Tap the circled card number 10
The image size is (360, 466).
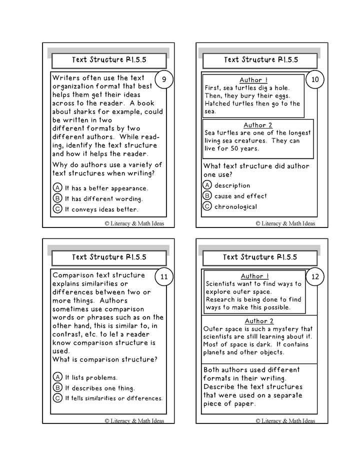(x=315, y=79)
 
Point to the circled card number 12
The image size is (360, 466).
(x=315, y=276)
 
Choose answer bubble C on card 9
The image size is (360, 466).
(x=57, y=209)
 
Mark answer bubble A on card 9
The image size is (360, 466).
(x=57, y=188)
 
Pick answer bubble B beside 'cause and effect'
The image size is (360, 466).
(x=207, y=196)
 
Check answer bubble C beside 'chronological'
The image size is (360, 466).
(x=207, y=206)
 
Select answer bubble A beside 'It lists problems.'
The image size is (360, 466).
(x=57, y=377)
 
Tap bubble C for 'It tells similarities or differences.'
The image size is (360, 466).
(x=57, y=398)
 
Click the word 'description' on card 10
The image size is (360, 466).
(x=232, y=185)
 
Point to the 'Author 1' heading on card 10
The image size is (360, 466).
(x=253, y=80)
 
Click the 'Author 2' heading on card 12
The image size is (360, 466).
(x=259, y=321)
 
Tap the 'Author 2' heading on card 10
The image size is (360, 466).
(x=258, y=125)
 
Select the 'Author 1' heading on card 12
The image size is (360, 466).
(x=254, y=276)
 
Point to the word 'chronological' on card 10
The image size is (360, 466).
(x=235, y=206)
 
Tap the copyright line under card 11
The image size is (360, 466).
(x=134, y=420)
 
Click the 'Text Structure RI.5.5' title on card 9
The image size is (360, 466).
(x=109, y=60)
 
